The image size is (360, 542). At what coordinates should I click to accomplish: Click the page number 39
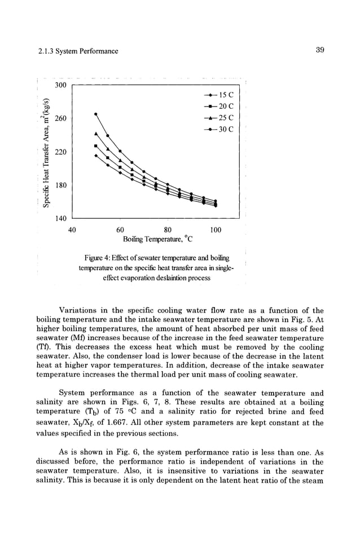(x=319, y=51)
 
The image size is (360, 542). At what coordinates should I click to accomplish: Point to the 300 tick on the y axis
(x=60, y=85)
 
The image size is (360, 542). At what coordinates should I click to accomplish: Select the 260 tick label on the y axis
(x=60, y=118)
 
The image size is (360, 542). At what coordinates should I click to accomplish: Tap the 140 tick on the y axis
(x=60, y=218)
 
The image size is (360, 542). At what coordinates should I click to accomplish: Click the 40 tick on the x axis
(x=72, y=230)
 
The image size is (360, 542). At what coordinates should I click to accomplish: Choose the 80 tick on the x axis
(x=168, y=230)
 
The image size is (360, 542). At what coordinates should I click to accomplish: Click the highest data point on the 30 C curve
(x=96, y=114)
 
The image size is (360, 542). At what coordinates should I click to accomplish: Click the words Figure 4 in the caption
(x=96, y=258)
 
